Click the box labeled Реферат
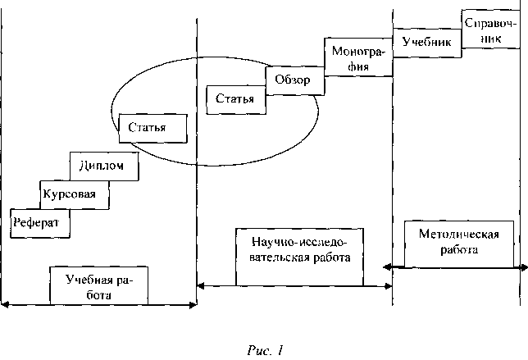click(40, 223)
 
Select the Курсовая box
click(75, 195)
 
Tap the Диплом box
click(104, 166)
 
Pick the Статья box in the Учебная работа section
click(152, 128)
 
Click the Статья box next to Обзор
click(236, 100)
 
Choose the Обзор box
click(295, 80)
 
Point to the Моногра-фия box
click(358, 57)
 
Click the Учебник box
click(427, 43)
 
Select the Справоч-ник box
click(490, 29)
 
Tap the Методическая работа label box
click(459, 244)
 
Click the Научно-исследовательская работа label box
click(300, 257)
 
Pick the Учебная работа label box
click(98, 285)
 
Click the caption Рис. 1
click(266, 351)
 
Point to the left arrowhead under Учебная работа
click(5, 305)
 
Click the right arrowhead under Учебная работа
click(193, 305)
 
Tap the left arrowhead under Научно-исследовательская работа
click(200, 286)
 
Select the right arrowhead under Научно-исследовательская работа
click(389, 286)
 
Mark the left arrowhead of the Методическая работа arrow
click(387, 267)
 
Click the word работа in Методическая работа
click(459, 250)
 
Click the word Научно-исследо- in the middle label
click(300, 242)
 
